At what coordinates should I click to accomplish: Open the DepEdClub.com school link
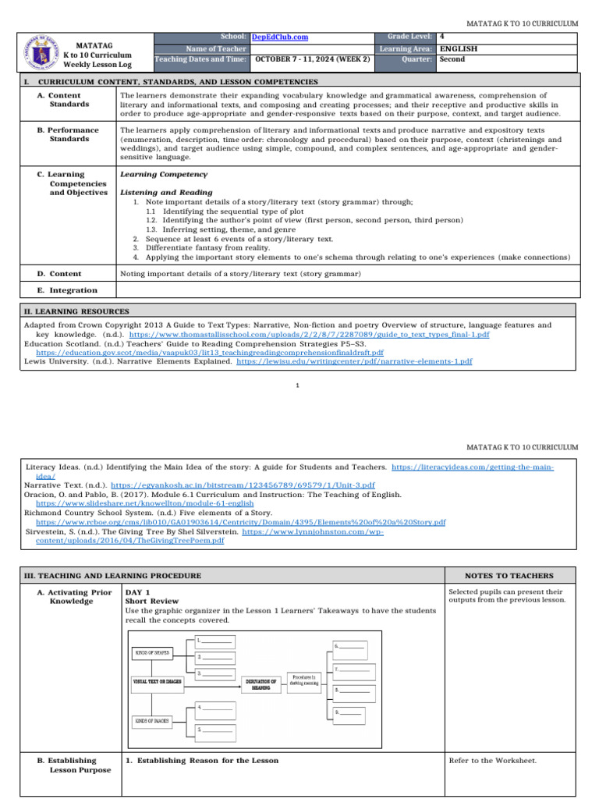coord(279,37)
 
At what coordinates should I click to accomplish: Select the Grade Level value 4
coord(442,37)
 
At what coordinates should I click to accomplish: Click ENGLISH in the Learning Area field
coord(459,48)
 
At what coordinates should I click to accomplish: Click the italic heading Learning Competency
coord(164,174)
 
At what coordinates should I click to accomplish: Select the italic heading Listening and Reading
coord(166,191)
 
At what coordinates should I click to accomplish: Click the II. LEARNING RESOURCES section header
coord(76,311)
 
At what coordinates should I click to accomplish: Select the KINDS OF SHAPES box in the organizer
coord(152,652)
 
